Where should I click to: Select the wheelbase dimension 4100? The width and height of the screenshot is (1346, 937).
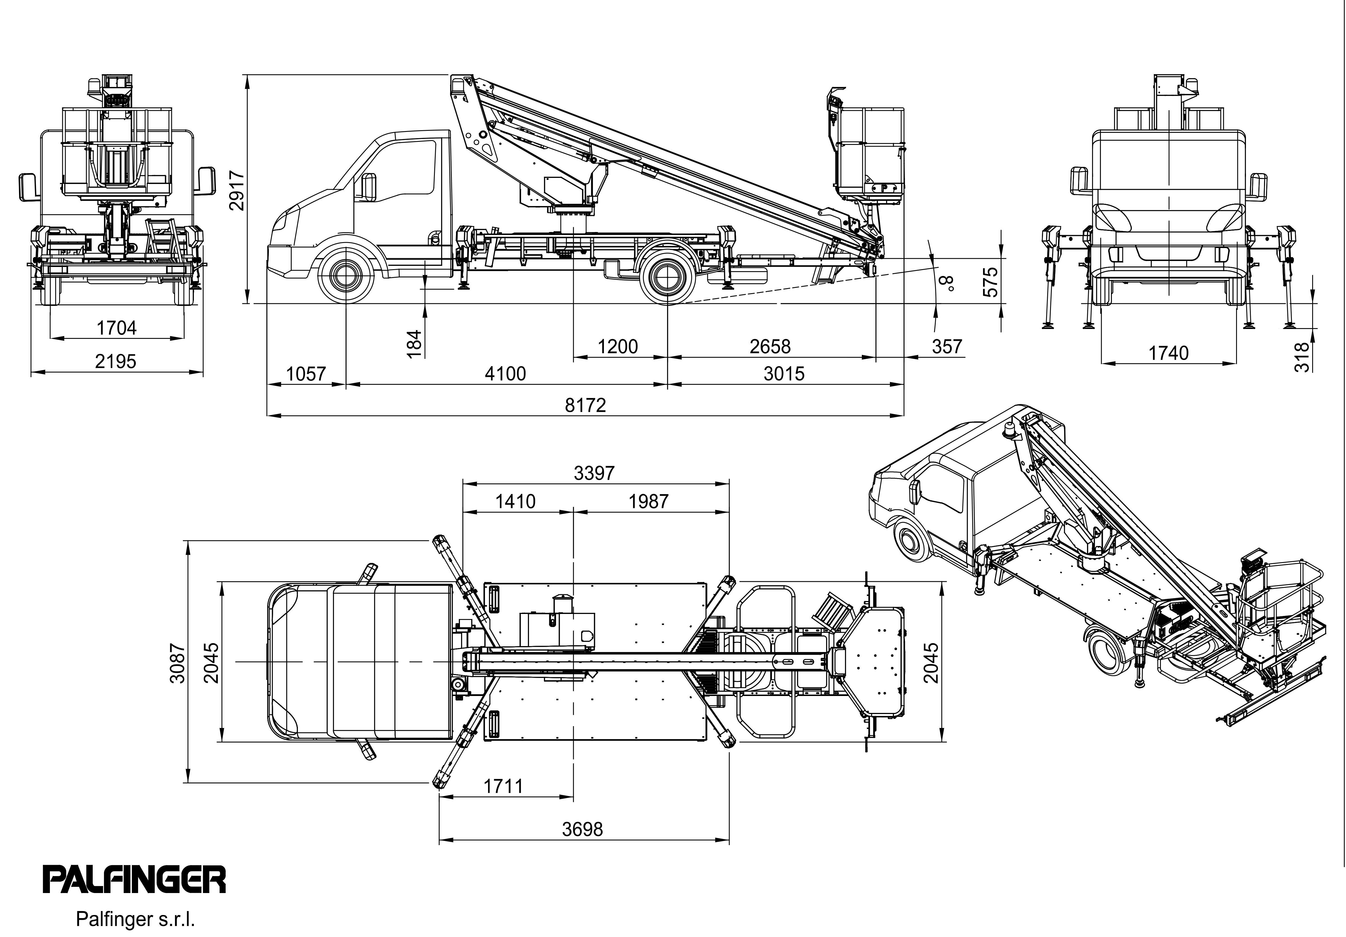click(505, 374)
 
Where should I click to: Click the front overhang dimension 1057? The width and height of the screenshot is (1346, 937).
click(306, 374)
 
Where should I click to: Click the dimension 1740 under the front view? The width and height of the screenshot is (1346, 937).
click(1168, 353)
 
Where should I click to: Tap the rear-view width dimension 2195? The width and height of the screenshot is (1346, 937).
click(116, 361)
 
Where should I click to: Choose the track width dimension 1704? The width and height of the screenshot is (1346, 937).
click(116, 328)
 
